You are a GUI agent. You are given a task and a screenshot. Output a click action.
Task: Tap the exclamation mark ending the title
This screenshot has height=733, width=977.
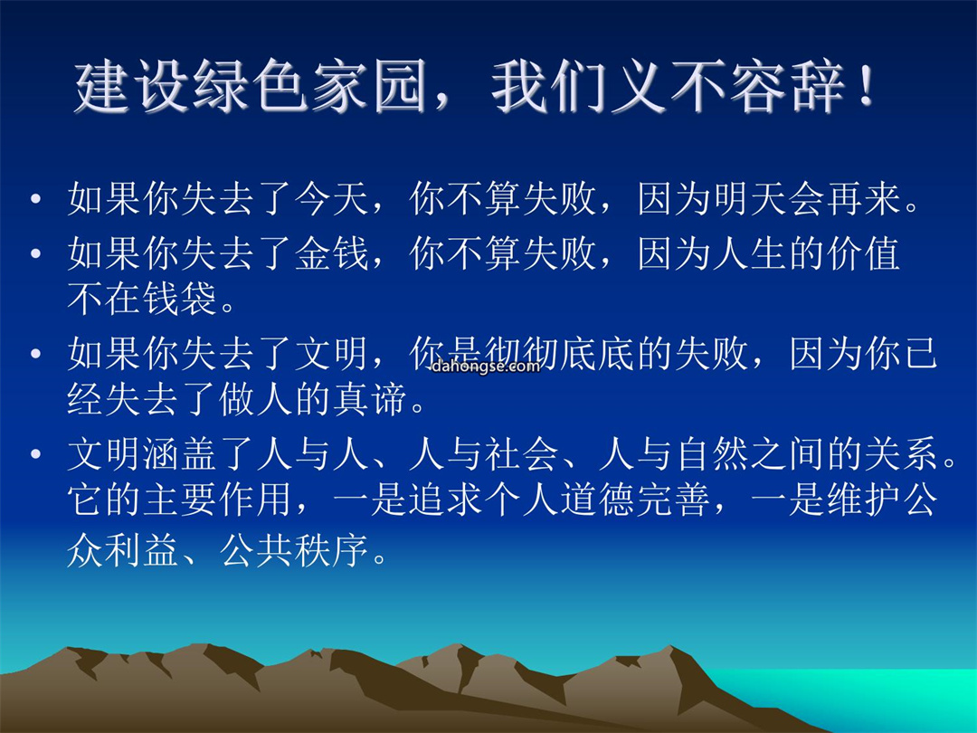click(x=866, y=87)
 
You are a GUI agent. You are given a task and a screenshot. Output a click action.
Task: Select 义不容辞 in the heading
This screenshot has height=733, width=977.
click(x=727, y=87)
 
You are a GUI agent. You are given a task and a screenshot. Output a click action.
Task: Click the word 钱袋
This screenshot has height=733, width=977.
click(x=179, y=298)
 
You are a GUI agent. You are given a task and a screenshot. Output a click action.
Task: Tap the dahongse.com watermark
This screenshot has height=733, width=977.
click(x=486, y=366)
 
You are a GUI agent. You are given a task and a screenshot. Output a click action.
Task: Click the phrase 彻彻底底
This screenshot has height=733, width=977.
click(x=560, y=354)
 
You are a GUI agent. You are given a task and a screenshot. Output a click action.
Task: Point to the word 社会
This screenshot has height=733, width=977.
click(x=521, y=453)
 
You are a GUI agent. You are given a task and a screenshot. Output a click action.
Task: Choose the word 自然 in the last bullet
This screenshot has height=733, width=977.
click(x=712, y=453)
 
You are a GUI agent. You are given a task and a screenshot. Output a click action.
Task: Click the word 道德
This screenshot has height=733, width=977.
click(x=598, y=500)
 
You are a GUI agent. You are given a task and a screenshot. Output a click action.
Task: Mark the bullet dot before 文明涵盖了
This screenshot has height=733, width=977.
click(x=35, y=453)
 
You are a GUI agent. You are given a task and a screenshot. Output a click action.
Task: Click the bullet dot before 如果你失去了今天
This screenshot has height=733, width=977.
click(x=35, y=199)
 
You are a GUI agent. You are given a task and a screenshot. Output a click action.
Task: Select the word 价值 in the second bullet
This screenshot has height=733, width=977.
click(x=864, y=253)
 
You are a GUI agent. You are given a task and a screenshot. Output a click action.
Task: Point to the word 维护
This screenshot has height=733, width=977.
click(x=863, y=500)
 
